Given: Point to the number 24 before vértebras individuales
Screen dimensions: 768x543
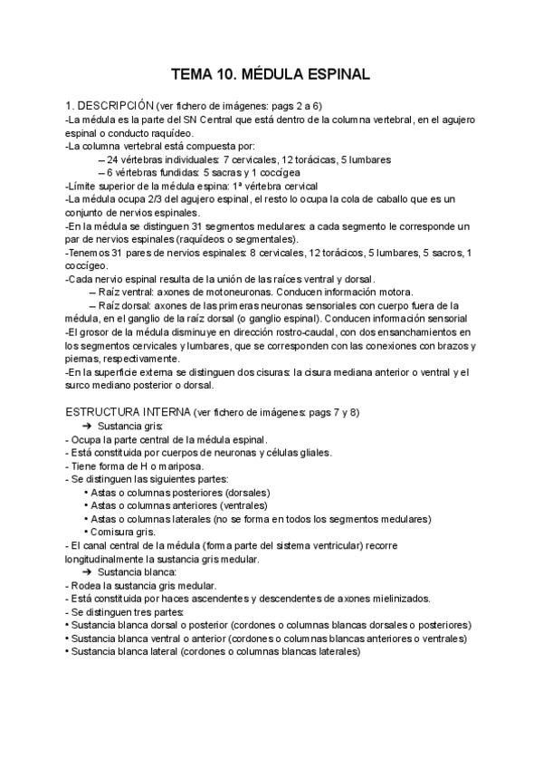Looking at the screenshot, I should (112, 158).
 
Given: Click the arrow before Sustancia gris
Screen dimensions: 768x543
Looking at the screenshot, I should (88, 426).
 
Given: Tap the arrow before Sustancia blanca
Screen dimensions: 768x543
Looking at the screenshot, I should (88, 571).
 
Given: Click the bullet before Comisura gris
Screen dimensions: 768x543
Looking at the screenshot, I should (85, 532).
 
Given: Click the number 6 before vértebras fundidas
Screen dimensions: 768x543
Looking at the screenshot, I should (110, 172).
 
